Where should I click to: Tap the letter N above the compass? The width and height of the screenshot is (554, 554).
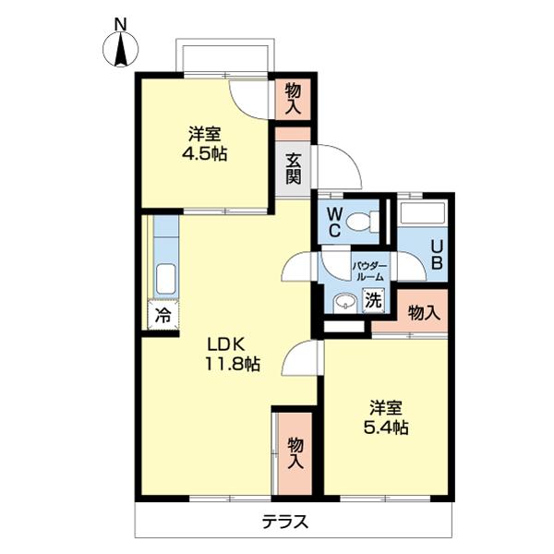(121, 21)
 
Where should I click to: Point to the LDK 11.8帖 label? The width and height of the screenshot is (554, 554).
(231, 353)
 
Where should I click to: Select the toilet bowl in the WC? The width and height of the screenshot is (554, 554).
(369, 220)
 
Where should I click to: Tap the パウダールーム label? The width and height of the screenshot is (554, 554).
(370, 270)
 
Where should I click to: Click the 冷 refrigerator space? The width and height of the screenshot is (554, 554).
(162, 314)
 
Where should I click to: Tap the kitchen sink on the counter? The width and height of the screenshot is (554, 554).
(164, 278)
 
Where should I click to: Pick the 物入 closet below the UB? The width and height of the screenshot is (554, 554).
(423, 313)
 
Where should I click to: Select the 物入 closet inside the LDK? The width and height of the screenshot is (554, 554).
(295, 452)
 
